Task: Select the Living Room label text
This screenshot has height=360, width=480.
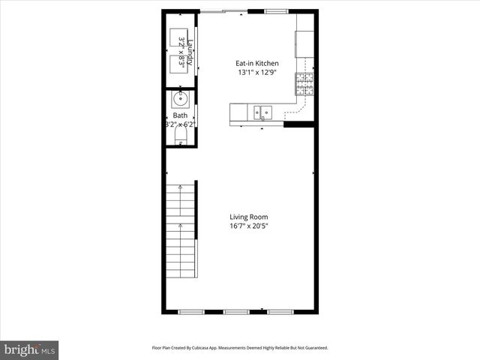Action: coord(248,217)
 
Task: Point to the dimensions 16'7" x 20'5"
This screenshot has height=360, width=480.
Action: coord(248,226)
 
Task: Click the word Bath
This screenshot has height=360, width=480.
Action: coord(180,115)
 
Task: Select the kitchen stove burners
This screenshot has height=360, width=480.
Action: coord(305,82)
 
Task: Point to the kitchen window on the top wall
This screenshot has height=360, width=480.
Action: coord(276,10)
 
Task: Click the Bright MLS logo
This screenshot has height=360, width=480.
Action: coord(30,349)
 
